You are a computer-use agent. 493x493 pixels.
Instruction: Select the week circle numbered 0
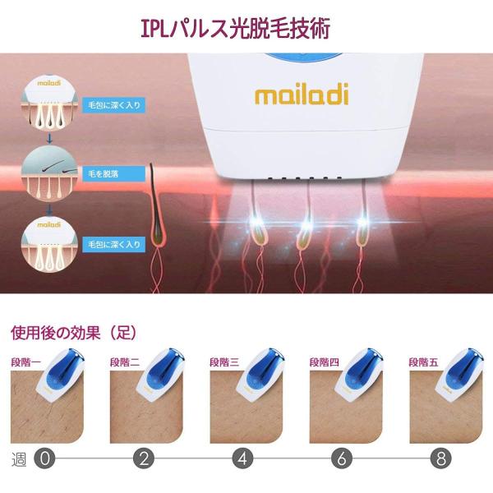46,458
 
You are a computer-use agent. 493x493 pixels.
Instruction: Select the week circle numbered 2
145,458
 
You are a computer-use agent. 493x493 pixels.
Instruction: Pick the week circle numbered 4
243,458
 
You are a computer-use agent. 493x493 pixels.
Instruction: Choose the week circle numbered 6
343,458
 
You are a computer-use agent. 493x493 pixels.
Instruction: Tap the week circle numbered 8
443,458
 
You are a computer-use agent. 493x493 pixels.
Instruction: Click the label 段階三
223,361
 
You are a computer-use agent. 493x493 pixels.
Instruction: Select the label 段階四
323,361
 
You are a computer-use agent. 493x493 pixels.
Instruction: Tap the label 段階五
423,361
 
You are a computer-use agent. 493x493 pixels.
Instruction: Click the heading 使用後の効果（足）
72,334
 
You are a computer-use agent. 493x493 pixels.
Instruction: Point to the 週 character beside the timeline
19,458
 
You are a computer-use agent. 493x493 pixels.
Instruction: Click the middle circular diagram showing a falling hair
44,170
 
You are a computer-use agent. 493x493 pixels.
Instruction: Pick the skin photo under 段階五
444,411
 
